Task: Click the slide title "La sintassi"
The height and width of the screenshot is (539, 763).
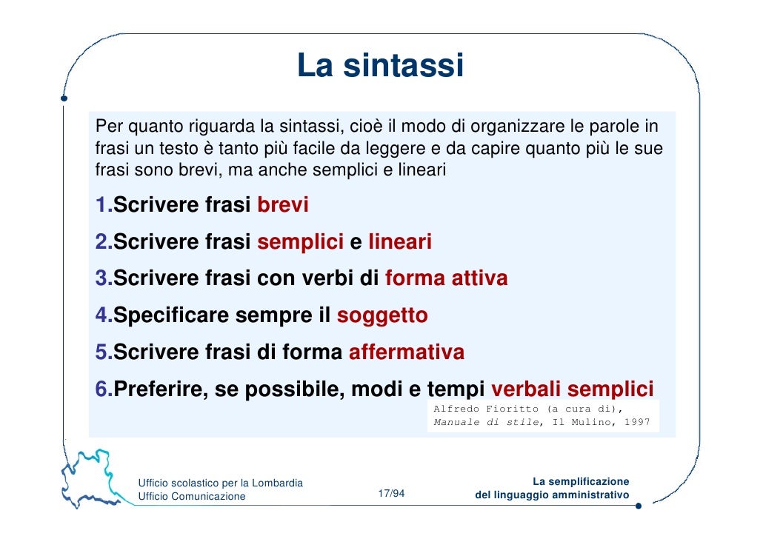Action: coord(380,66)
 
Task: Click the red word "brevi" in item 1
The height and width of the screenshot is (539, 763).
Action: coord(282,205)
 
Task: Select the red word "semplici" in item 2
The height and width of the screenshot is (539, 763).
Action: coord(300,242)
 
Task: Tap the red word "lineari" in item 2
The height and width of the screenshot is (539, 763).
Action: coord(399,242)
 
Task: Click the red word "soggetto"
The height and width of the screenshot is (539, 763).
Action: coord(382,315)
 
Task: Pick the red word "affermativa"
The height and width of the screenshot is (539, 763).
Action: coord(406,352)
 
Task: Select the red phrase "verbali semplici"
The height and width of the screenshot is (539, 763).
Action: coord(572,389)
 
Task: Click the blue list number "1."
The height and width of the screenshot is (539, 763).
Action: coord(104,205)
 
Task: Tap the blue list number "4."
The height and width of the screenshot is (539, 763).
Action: coord(104,315)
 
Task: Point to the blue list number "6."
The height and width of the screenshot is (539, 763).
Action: coord(104,389)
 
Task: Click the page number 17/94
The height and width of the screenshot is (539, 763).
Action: coord(391,494)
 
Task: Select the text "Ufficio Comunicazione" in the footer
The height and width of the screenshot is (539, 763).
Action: coord(192,496)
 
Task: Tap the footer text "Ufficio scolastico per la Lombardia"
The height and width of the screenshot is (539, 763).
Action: coord(221,483)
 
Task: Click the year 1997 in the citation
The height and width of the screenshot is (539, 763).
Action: coord(636,422)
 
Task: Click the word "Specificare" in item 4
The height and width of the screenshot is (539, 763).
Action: coord(171,315)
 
